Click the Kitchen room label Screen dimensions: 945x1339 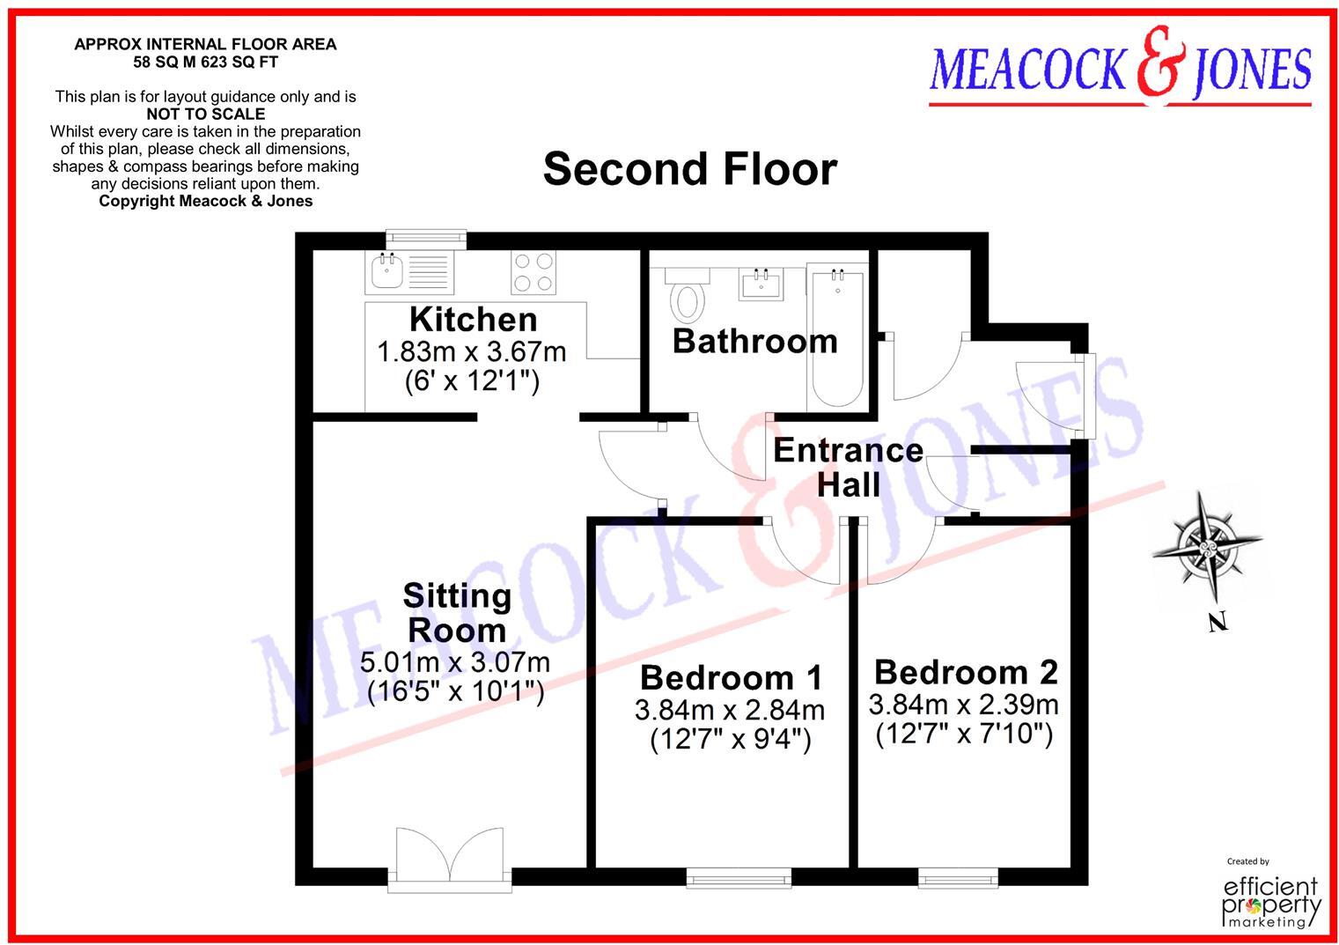473,319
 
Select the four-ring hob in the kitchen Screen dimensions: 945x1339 533,272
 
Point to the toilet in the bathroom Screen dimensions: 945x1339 687,295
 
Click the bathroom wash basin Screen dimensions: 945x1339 761,283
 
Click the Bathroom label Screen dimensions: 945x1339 754,341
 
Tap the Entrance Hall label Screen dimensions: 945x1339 848,467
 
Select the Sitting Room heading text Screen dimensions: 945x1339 457,613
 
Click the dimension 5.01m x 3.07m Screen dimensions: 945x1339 455,661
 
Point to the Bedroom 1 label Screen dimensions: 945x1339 731,677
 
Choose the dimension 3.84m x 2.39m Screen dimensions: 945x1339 963,705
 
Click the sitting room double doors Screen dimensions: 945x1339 450,857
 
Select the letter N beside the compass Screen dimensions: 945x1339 1218,623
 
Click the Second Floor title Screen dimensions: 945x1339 689,168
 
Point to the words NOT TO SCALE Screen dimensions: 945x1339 205,114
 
